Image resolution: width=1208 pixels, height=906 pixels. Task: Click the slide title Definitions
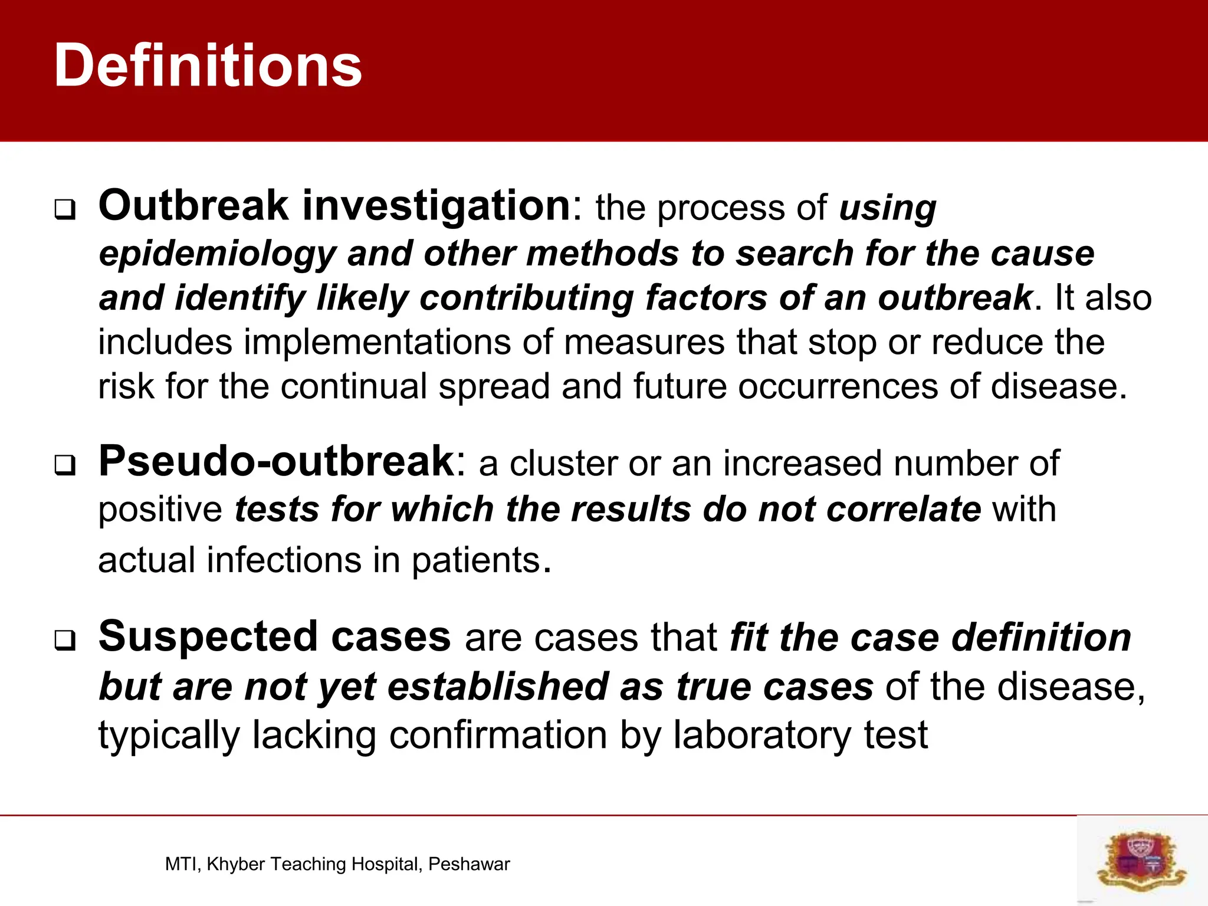tap(208, 66)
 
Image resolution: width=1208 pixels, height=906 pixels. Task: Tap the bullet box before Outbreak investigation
tap(65, 209)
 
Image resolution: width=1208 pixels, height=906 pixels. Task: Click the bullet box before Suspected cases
tap(65, 640)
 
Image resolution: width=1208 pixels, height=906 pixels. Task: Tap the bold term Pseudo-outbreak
tap(277, 461)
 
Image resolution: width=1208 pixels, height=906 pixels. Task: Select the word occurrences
tap(837, 387)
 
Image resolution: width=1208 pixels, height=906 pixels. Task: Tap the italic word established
tap(498, 687)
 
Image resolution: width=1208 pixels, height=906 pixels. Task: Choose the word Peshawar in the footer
tap(469, 864)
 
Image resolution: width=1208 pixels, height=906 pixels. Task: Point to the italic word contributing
tap(526, 298)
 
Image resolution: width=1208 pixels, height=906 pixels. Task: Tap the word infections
tap(284, 560)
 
